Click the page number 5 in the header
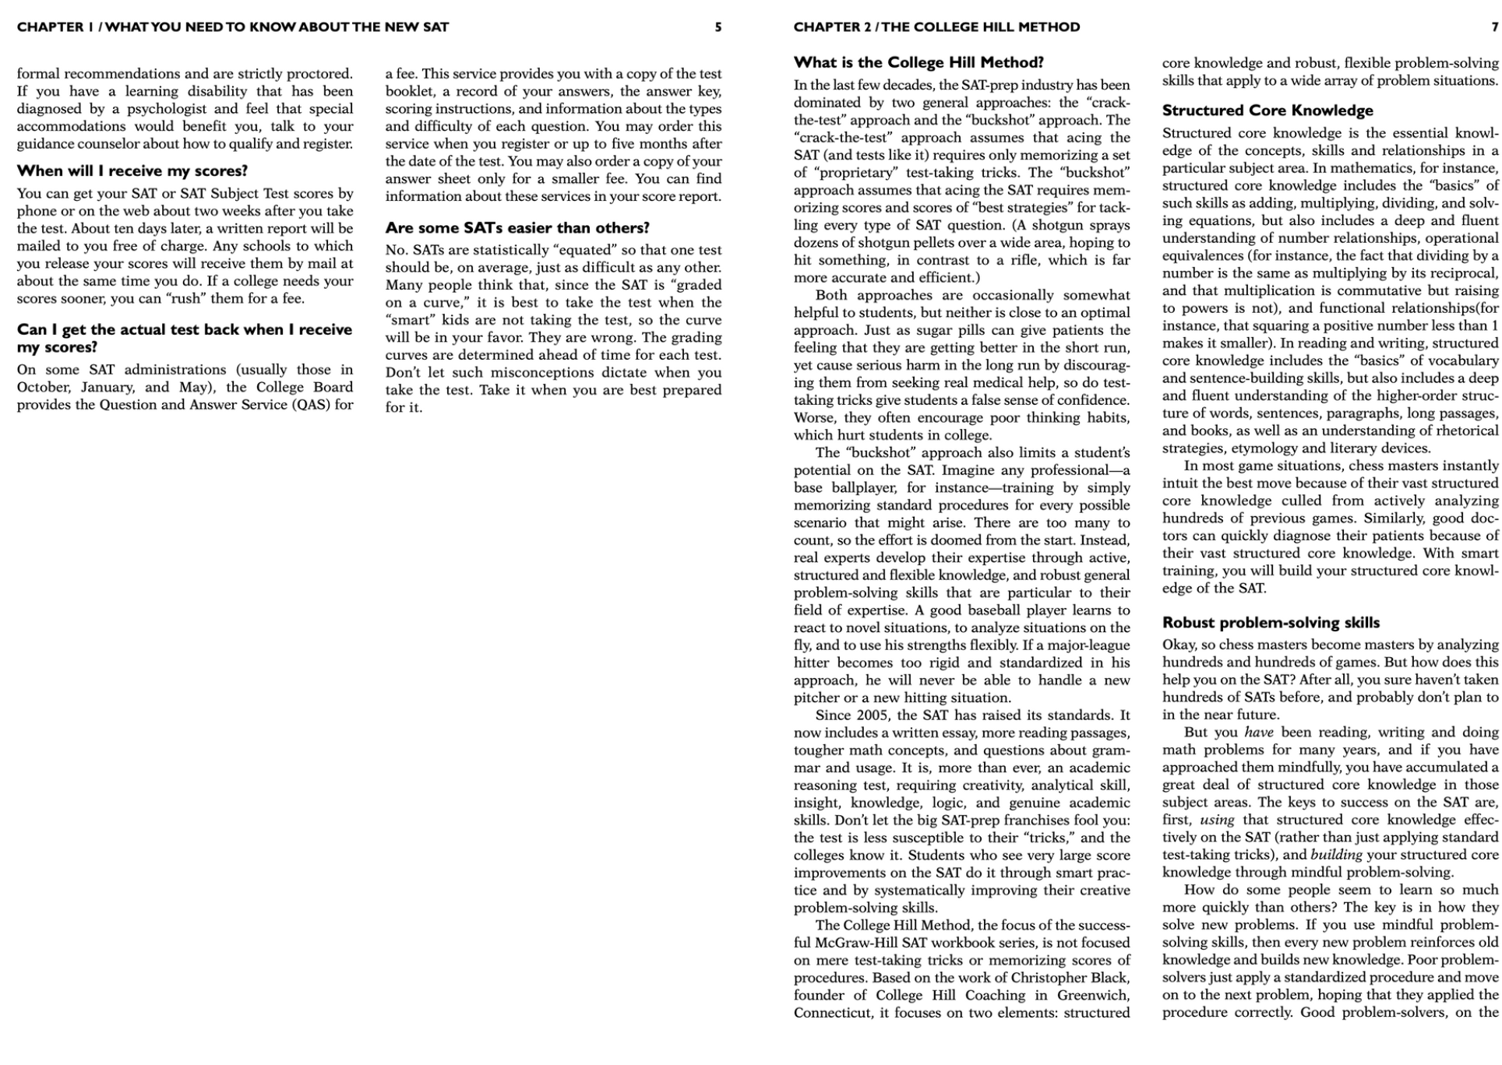718,27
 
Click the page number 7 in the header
1494,27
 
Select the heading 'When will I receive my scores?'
132,171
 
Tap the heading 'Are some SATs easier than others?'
517,228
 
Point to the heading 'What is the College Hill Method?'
918,63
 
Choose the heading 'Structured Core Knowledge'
1268,111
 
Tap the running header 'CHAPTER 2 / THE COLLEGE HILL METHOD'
936,27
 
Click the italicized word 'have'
1259,733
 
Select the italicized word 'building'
1337,855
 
